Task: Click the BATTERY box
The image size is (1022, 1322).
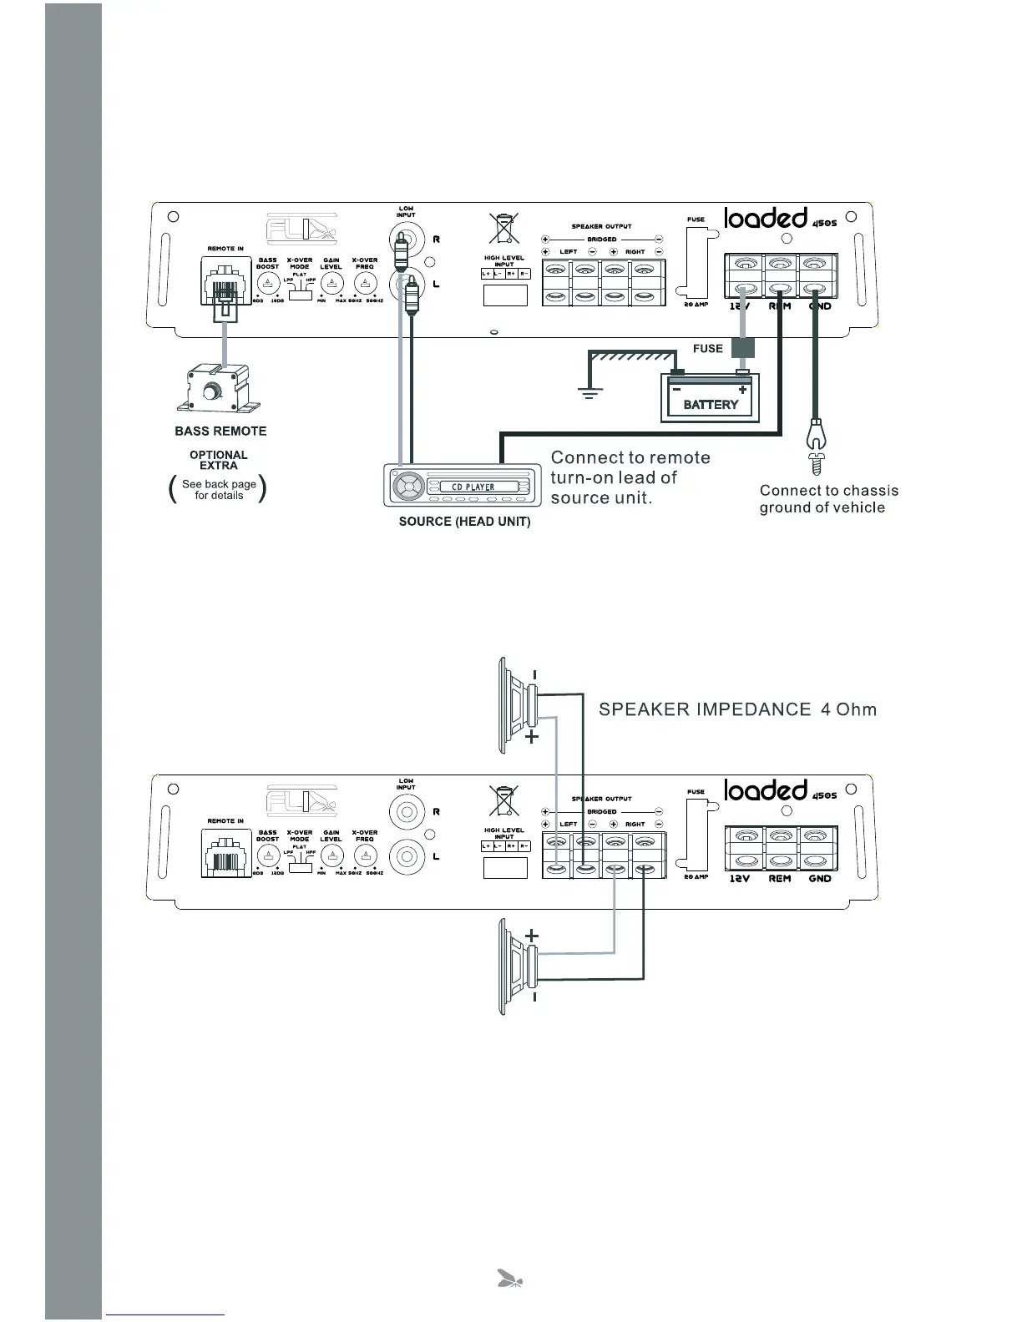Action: point(711,399)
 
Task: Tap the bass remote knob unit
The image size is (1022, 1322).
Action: point(216,390)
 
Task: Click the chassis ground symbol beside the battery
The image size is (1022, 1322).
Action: point(589,391)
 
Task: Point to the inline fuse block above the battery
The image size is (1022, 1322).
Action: point(742,348)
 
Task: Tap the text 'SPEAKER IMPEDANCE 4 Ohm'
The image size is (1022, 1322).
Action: point(738,710)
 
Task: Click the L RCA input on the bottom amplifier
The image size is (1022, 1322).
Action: point(406,856)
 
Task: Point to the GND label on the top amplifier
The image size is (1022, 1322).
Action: point(820,306)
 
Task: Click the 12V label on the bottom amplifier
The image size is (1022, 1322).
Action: point(740,879)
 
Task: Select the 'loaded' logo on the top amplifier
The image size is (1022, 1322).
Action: point(766,219)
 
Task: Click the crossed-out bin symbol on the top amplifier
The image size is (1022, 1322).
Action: point(503,228)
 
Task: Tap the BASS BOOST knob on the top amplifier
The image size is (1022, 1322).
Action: point(267,282)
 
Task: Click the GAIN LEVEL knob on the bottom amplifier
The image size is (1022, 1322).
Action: point(331,855)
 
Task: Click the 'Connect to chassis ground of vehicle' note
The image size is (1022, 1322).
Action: point(827,499)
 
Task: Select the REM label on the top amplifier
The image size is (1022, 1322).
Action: point(779,306)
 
